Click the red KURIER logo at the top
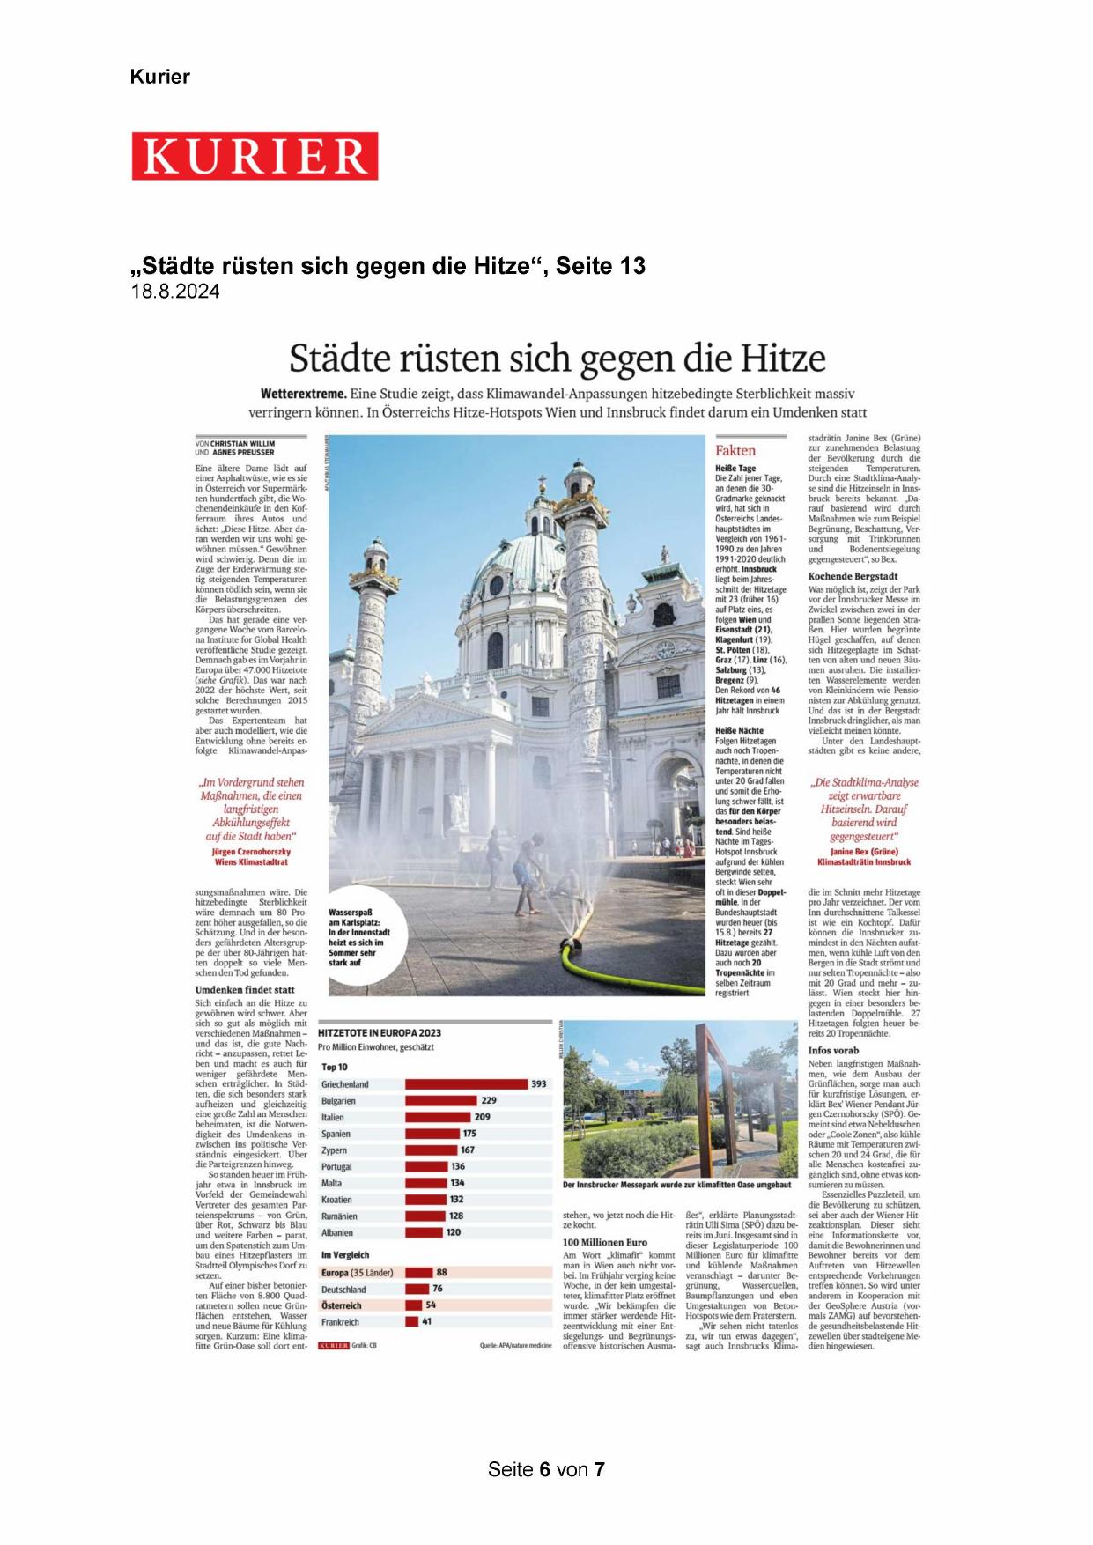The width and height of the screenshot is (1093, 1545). pos(255,156)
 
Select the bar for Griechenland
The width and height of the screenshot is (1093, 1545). pos(466,1083)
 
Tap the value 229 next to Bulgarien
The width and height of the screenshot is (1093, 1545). pos(489,1100)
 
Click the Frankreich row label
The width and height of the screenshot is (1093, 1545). pos(340,1322)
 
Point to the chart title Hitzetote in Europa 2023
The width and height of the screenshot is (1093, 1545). pos(380,1032)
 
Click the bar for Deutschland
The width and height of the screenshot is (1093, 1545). pos(417,1289)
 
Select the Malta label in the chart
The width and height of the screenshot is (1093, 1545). pos(331,1183)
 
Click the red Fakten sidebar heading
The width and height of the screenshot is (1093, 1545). pos(735,450)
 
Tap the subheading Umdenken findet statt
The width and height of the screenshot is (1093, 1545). pos(245,990)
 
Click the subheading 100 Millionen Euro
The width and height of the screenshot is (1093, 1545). pos(605,1242)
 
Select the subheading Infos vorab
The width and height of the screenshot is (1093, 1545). pos(833,1050)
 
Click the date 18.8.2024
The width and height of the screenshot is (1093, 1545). pos(175,292)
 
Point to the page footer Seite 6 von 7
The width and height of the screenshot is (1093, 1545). pos(546,1469)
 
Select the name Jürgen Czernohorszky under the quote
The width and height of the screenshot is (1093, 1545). pos(251,852)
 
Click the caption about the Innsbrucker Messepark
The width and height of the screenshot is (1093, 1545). pos(676,1185)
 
